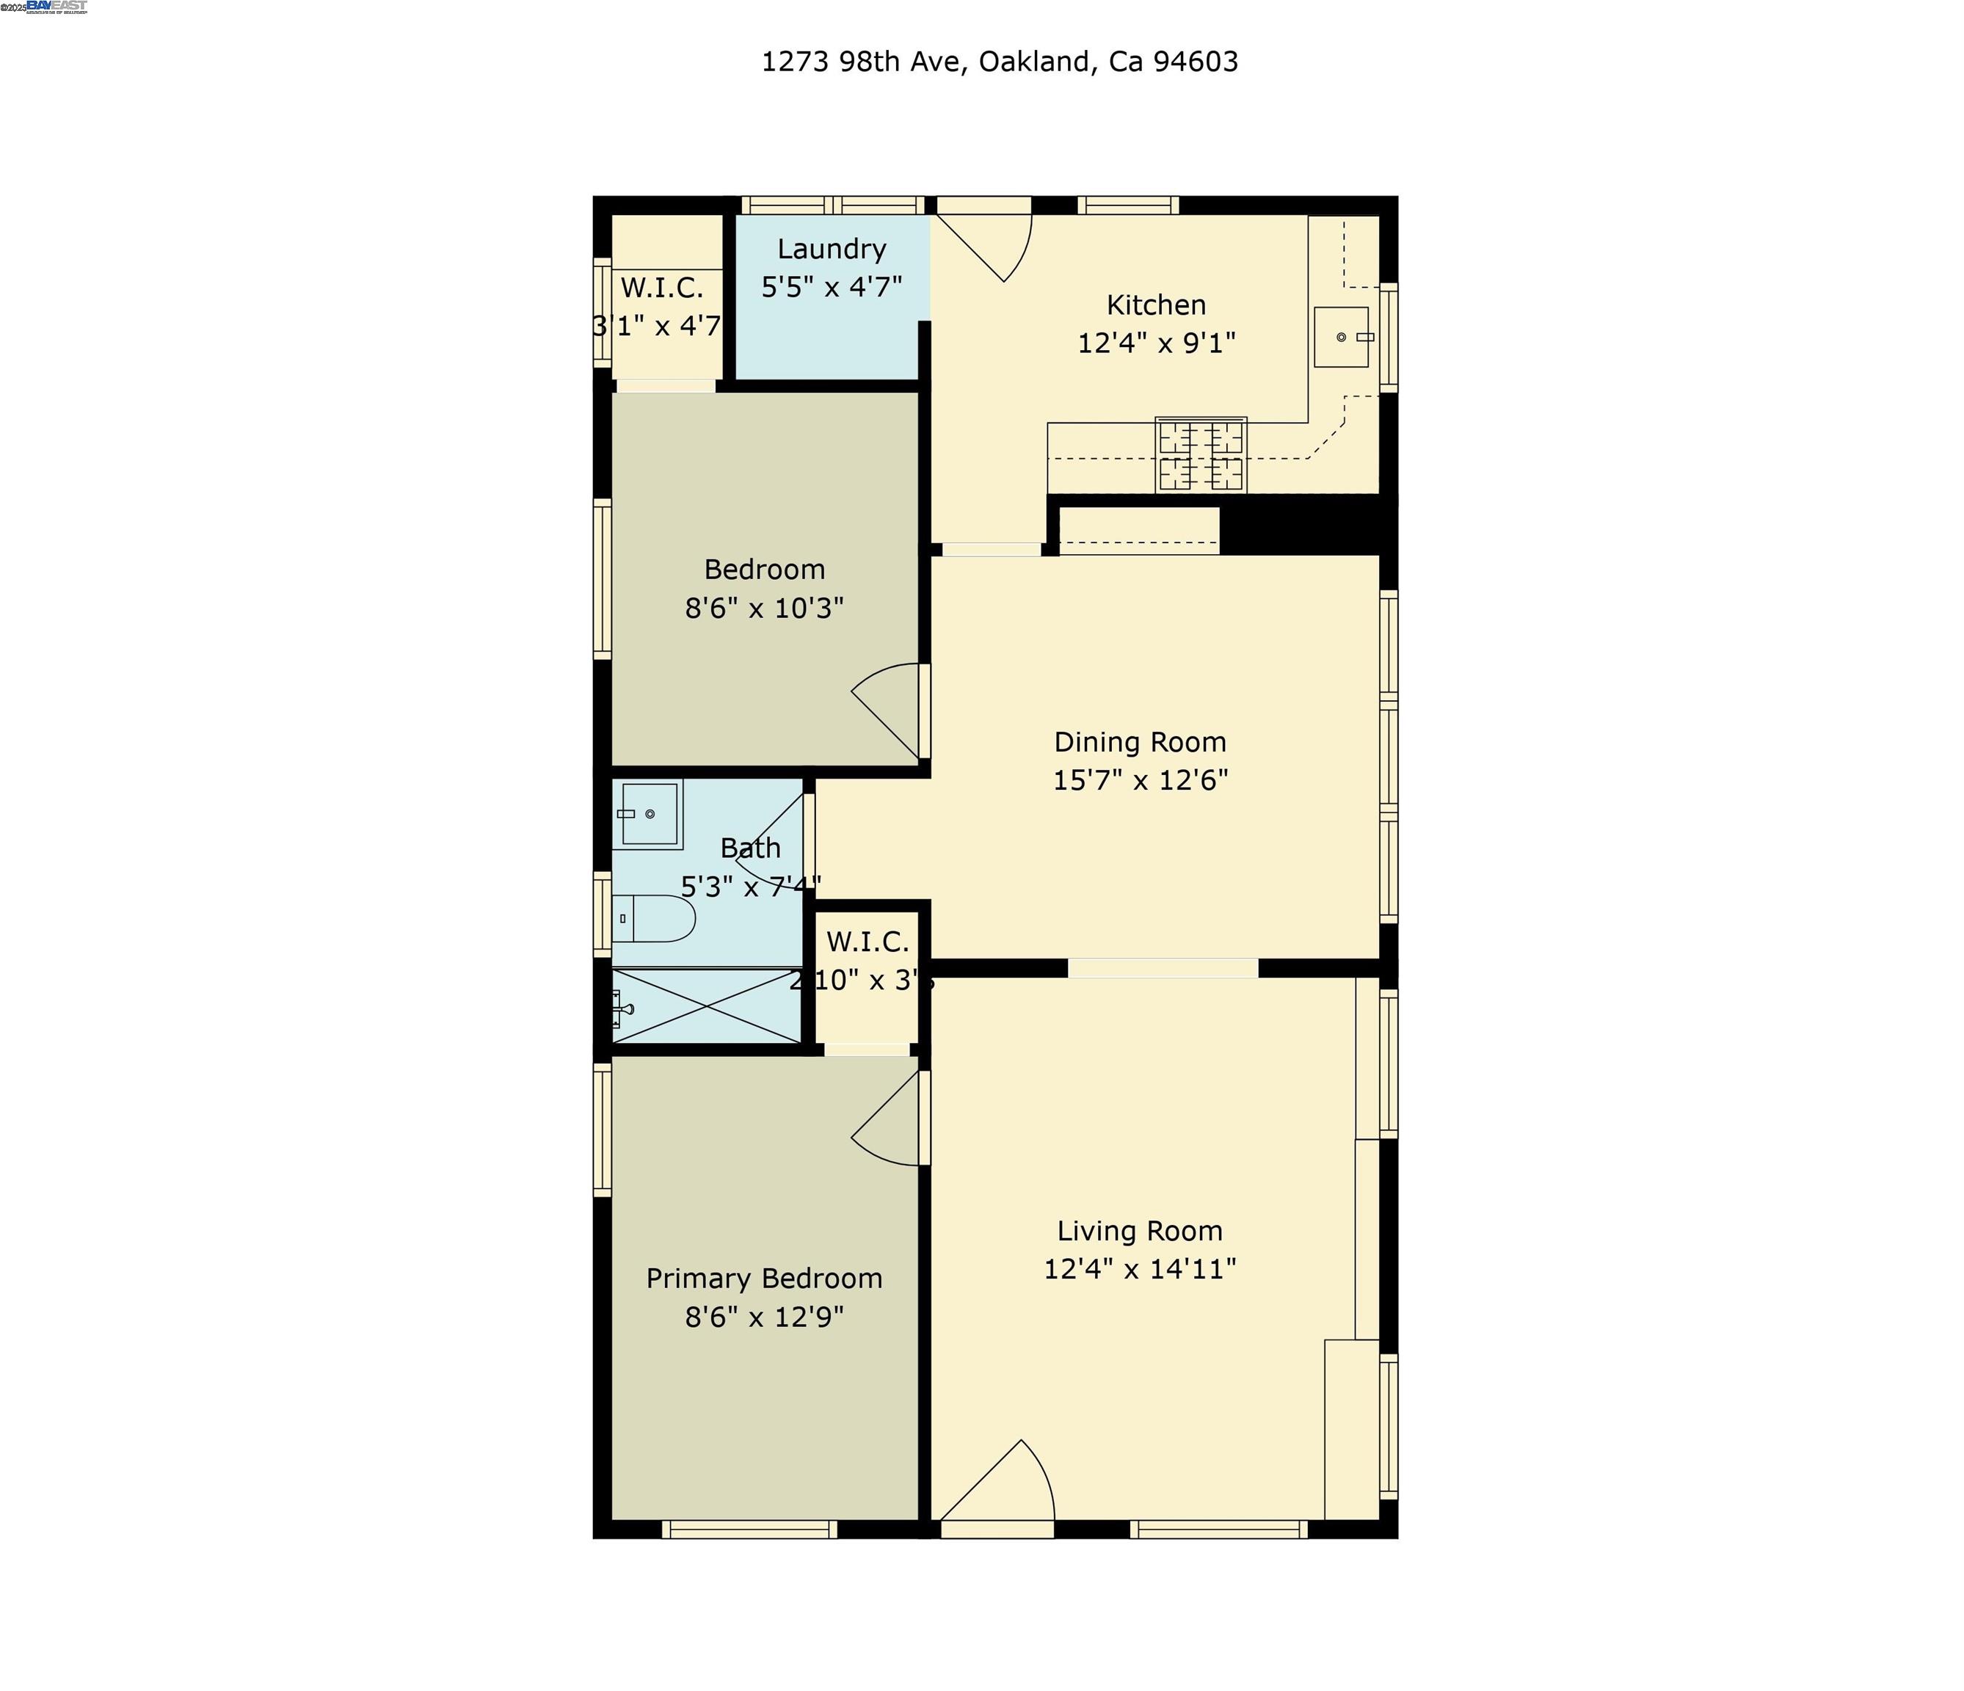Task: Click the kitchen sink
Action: (x=1340, y=336)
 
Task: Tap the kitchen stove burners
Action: (x=1200, y=455)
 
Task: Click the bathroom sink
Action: (x=650, y=814)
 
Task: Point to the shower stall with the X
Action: (x=707, y=1005)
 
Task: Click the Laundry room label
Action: (x=832, y=248)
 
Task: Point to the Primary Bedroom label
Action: (x=764, y=1278)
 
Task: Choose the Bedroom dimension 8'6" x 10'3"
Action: (x=764, y=608)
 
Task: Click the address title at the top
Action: (x=999, y=62)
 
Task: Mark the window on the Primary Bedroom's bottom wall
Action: (x=749, y=1529)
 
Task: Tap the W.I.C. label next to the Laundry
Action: (x=661, y=287)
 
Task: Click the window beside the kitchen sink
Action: (x=1388, y=336)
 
